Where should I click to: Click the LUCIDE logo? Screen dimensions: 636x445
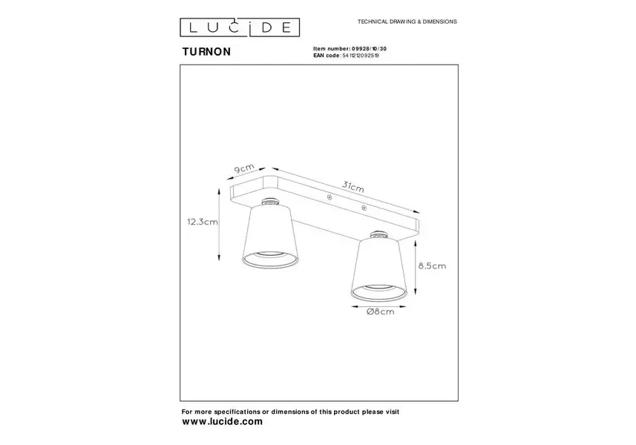click(240, 27)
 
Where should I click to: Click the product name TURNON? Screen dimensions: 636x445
click(206, 52)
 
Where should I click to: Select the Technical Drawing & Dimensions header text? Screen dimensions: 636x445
click(407, 22)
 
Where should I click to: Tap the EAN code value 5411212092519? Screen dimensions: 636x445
click(361, 56)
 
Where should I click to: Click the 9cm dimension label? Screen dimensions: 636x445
click(244, 168)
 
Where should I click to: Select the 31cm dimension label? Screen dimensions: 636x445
click(353, 186)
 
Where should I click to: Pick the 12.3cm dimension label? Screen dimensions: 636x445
click(203, 222)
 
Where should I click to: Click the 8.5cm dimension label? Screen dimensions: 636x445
click(432, 266)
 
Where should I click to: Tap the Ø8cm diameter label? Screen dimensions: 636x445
click(380, 311)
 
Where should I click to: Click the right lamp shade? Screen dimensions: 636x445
click(378, 269)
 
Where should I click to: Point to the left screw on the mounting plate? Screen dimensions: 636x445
click(330, 197)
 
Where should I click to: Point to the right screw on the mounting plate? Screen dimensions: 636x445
click(364, 208)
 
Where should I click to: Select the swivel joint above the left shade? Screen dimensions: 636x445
click(269, 202)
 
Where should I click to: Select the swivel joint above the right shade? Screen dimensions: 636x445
click(378, 234)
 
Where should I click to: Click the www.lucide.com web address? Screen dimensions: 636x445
click(223, 421)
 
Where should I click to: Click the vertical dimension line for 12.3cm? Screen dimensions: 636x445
click(219, 224)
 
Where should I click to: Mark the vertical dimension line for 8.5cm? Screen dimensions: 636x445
click(416, 268)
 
